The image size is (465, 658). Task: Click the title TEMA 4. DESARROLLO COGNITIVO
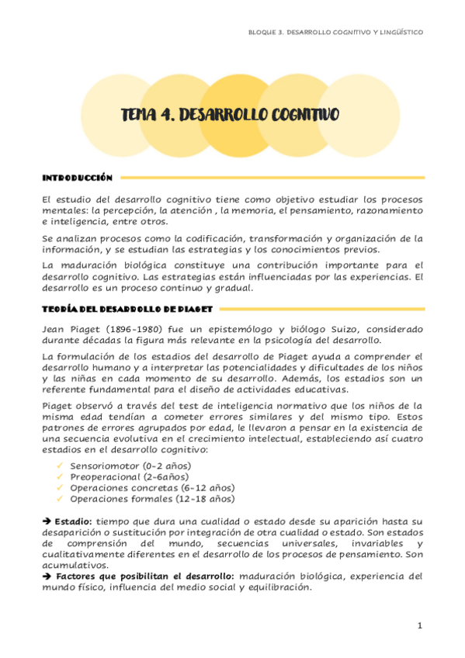point(230,116)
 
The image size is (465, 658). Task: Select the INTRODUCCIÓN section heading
point(78,178)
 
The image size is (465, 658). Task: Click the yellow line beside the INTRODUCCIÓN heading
point(272,178)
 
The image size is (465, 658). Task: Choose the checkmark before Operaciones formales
point(60,499)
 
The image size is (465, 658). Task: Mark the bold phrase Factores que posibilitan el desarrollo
point(145,577)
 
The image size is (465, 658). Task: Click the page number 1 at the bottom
point(418,625)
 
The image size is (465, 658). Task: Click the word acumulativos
point(72,566)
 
